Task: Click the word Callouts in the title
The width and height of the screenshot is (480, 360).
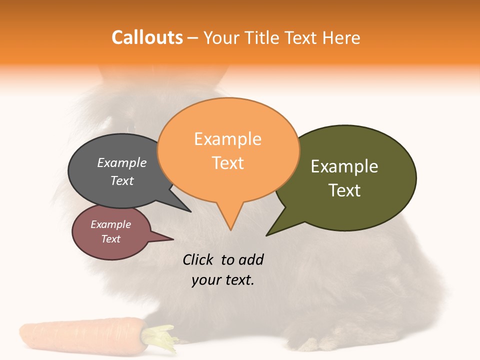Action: click(x=147, y=37)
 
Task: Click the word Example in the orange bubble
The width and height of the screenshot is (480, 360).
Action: click(x=227, y=139)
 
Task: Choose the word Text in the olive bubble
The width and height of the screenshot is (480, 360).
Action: click(x=344, y=190)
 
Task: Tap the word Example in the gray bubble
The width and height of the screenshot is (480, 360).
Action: click(x=122, y=162)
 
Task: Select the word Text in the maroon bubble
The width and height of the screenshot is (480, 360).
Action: click(x=111, y=239)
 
